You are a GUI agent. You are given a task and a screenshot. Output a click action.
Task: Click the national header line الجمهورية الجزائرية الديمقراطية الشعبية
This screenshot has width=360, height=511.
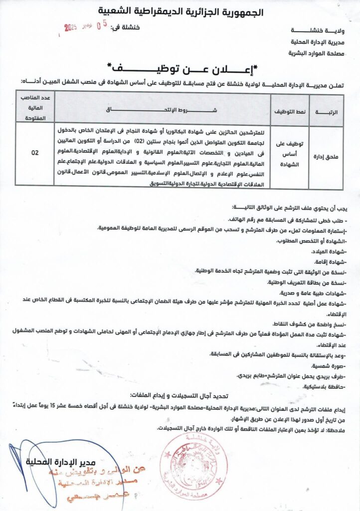pyautogui.click(x=180, y=11)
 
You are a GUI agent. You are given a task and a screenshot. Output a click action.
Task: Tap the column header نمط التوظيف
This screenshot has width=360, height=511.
pyautogui.click(x=287, y=112)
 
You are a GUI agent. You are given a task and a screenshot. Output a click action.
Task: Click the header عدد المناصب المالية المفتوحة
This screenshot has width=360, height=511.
pyautogui.click(x=34, y=107)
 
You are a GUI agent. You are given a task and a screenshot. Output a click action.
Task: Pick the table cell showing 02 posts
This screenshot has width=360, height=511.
pyautogui.click(x=34, y=153)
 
